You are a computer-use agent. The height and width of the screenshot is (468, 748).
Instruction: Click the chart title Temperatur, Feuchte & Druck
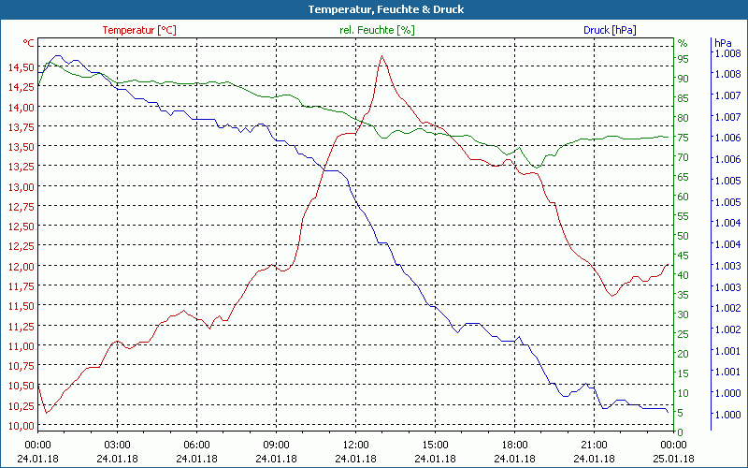(x=373, y=9)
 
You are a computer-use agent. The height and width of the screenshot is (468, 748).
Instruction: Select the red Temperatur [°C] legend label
(x=139, y=30)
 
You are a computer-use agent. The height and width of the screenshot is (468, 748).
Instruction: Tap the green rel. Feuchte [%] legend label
(x=377, y=30)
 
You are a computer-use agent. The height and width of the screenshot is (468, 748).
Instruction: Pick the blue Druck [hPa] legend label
(x=610, y=30)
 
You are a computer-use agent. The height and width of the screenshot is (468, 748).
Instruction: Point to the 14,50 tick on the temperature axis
(x=20, y=67)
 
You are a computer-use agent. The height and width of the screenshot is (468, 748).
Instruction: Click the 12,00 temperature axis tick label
(x=20, y=266)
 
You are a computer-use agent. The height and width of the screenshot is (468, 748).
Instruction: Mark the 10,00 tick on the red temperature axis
(x=20, y=425)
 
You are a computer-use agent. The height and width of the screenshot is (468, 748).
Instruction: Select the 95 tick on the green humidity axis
(x=683, y=59)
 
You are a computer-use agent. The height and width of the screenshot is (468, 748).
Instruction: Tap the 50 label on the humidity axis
(x=683, y=236)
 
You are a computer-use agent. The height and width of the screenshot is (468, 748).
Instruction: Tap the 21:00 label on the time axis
(x=595, y=444)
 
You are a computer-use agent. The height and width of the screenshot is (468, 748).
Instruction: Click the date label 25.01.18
(x=674, y=459)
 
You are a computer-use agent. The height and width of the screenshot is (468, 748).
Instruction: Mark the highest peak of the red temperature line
(x=381, y=56)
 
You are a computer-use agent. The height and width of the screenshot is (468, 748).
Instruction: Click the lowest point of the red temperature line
(x=46, y=412)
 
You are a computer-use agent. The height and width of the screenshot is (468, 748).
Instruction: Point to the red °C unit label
(x=29, y=43)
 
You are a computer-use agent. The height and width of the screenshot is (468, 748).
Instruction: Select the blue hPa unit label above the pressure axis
(x=723, y=43)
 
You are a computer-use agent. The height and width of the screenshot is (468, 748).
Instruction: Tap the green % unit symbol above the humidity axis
(x=683, y=43)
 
